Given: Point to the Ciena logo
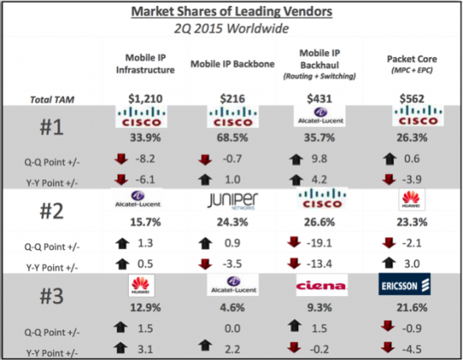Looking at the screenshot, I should (319, 287).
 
